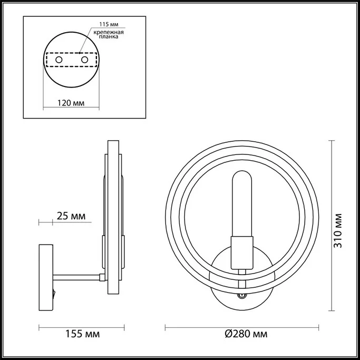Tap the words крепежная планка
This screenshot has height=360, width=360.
109,36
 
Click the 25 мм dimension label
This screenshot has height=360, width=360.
70,216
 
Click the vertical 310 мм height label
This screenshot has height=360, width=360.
338,230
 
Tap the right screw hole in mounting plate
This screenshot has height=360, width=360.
83,61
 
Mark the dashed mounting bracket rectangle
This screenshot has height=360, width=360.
71,61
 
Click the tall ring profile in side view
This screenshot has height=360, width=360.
113,225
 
